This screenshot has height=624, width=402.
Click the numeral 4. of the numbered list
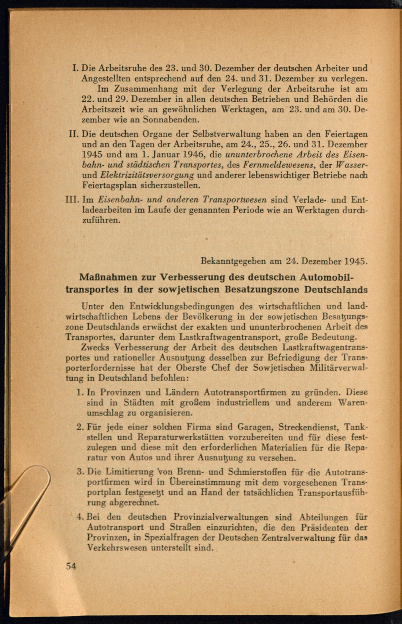[80, 517]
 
